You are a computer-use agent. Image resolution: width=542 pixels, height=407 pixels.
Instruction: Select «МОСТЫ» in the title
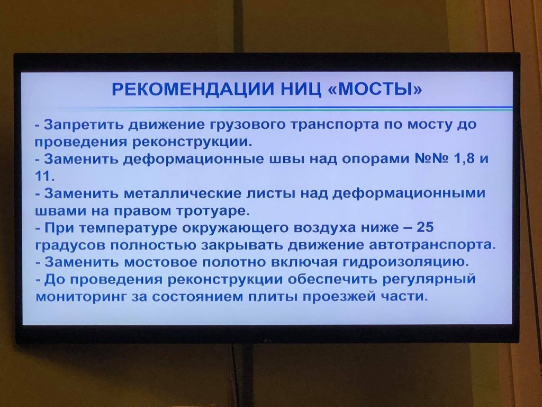tap(375, 89)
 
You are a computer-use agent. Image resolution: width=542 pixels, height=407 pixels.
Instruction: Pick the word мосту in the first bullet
tap(430, 125)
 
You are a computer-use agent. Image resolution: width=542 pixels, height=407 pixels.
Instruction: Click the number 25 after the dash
tap(425, 227)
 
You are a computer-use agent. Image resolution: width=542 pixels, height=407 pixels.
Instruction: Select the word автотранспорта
tap(432, 245)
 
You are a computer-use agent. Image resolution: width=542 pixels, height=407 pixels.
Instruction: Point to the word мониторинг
tap(80, 297)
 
